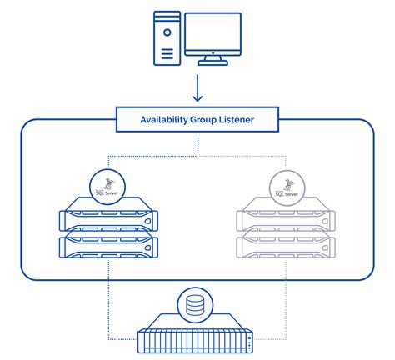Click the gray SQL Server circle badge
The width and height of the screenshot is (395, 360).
click(x=285, y=188)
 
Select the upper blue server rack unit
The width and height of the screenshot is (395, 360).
click(x=108, y=219)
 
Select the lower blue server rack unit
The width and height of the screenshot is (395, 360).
click(x=108, y=247)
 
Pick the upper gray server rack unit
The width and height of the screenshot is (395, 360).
click(x=285, y=219)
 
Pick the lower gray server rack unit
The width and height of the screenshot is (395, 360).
click(x=285, y=247)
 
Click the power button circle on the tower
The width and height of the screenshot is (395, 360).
click(x=167, y=32)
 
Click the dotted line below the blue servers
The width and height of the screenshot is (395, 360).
click(x=108, y=300)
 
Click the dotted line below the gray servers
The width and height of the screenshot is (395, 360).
click(x=285, y=300)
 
